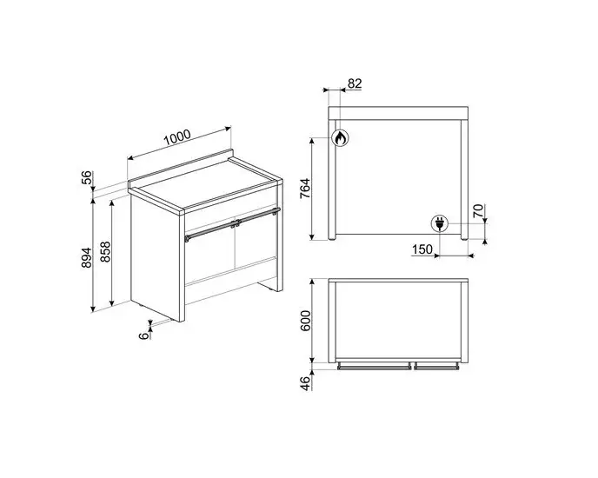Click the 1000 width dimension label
tap(177, 137)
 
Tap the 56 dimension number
tap(87, 177)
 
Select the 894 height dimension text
tap(87, 257)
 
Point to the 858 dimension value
tap(105, 251)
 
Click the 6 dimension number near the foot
tap(143, 335)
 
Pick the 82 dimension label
tap(355, 83)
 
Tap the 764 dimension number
tap(305, 189)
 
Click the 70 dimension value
tap(478, 211)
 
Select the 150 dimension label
tap(422, 249)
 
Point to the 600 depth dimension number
tap(306, 321)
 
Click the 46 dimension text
tap(306, 383)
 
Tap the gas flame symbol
tap(340, 137)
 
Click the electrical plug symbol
tap(439, 222)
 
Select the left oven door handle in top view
tap(374, 367)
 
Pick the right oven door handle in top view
tap(436, 367)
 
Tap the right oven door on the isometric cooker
tap(256, 242)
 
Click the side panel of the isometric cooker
tap(155, 256)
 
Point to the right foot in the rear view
tap(464, 237)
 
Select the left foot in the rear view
tap(332, 237)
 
